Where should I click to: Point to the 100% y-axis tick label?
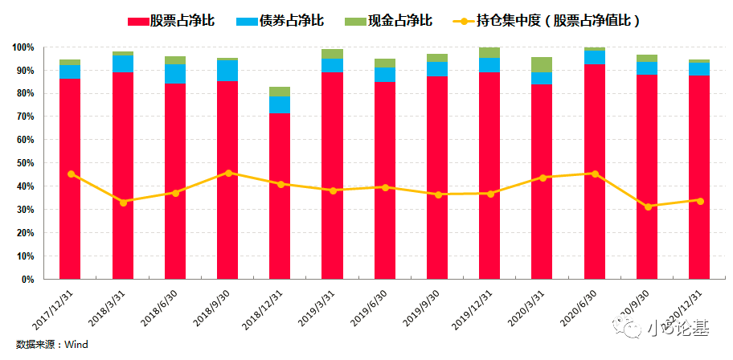tap(23, 48)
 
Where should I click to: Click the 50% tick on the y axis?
tap(25, 163)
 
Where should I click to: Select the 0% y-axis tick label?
tap(28, 280)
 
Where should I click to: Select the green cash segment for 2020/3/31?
tap(542, 64)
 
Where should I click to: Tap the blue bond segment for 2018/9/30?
tap(227, 71)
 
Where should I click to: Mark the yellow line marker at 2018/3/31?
tap(123, 202)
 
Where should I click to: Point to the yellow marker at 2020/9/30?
tap(647, 207)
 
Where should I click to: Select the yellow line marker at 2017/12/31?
tap(71, 174)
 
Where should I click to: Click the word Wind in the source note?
tap(76, 345)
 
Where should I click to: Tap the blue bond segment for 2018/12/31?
tap(280, 104)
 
